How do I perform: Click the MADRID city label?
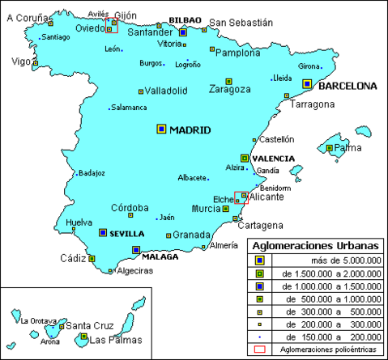190,130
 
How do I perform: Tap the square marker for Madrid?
161,129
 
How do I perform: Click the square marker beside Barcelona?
307,83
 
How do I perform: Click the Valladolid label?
167,91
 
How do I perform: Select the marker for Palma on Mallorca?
329,148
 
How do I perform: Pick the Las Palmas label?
108,340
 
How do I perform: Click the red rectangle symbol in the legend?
259,349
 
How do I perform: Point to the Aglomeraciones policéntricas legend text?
328,349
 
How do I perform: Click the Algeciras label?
134,271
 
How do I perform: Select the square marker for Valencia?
244,159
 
